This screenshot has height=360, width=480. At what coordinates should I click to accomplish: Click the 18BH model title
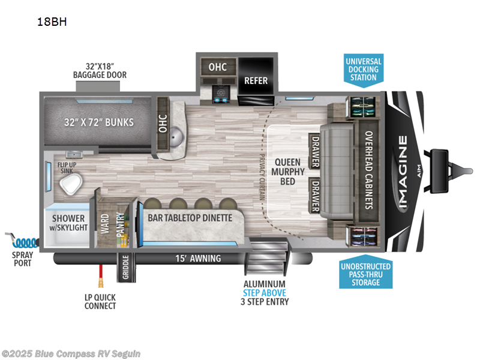[52, 22]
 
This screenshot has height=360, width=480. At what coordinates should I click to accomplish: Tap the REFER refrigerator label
[256, 80]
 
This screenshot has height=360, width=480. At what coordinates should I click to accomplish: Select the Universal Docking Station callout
[364, 70]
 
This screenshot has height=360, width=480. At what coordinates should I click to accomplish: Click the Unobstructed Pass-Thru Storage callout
[365, 272]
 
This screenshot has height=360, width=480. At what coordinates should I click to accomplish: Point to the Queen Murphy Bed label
[288, 172]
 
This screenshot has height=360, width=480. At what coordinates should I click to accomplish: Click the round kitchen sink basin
[176, 136]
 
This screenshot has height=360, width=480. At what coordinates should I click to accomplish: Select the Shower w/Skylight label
[68, 223]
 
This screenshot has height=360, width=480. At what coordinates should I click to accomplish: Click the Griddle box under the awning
[126, 267]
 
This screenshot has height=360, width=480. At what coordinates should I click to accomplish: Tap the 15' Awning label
[198, 259]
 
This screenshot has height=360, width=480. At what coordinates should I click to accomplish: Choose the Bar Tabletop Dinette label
[190, 218]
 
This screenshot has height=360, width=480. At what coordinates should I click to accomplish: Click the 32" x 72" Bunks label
[99, 122]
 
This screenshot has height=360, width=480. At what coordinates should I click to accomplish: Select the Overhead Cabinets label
[369, 170]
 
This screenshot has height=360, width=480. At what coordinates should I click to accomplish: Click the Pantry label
[121, 224]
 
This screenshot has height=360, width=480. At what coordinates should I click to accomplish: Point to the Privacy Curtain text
[262, 177]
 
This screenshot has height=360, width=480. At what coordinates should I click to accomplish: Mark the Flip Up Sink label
[67, 168]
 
